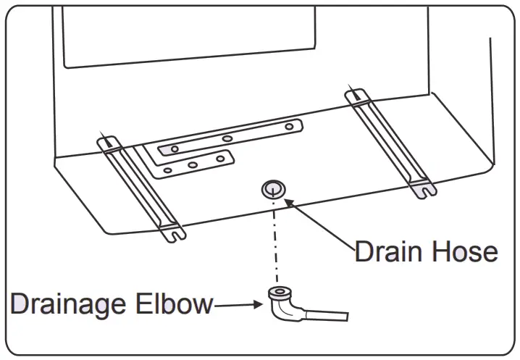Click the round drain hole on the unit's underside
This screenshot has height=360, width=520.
272,189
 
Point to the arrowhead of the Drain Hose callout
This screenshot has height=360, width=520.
288,204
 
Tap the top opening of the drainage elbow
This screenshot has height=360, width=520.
277,293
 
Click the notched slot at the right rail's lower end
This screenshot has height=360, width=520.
424,191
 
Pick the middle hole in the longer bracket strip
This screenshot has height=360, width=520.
227,138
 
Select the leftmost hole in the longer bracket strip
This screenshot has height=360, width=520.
175,148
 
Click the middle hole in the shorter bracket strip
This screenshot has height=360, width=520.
193,165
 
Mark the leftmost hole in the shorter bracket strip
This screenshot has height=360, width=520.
168,171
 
